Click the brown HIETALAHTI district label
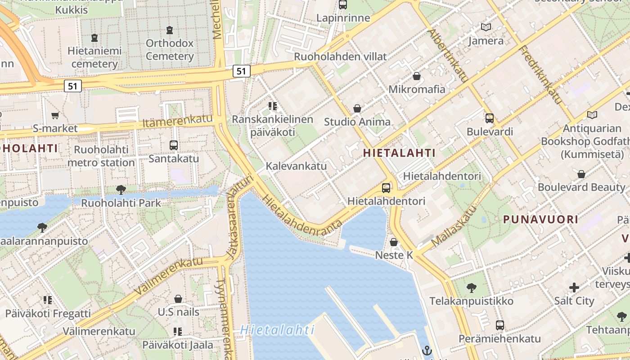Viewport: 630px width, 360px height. click(x=399, y=153)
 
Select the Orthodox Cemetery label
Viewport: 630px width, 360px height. click(x=170, y=50)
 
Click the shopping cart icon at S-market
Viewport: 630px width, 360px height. click(x=55, y=116)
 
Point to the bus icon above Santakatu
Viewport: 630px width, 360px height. click(x=174, y=145)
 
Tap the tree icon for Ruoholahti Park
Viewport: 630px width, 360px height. click(x=121, y=189)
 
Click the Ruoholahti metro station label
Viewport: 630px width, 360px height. click(x=101, y=156)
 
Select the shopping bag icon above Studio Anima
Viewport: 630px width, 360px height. click(x=357, y=108)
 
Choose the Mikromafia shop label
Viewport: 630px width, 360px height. click(x=417, y=89)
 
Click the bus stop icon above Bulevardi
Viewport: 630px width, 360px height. click(x=490, y=118)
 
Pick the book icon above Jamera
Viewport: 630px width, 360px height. click(x=486, y=27)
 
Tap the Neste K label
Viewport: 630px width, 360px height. click(x=394, y=255)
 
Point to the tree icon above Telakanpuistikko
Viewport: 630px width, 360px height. click(x=472, y=288)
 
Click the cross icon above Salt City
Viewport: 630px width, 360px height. click(x=574, y=287)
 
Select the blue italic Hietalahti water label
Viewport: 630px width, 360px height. click(x=277, y=330)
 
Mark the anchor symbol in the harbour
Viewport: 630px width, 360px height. click(x=427, y=351)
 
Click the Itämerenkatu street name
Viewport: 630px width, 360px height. click(x=177, y=121)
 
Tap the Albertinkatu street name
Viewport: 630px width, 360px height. click(x=448, y=56)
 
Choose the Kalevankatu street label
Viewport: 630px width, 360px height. click(x=296, y=166)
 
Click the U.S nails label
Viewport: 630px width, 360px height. click(x=178, y=311)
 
